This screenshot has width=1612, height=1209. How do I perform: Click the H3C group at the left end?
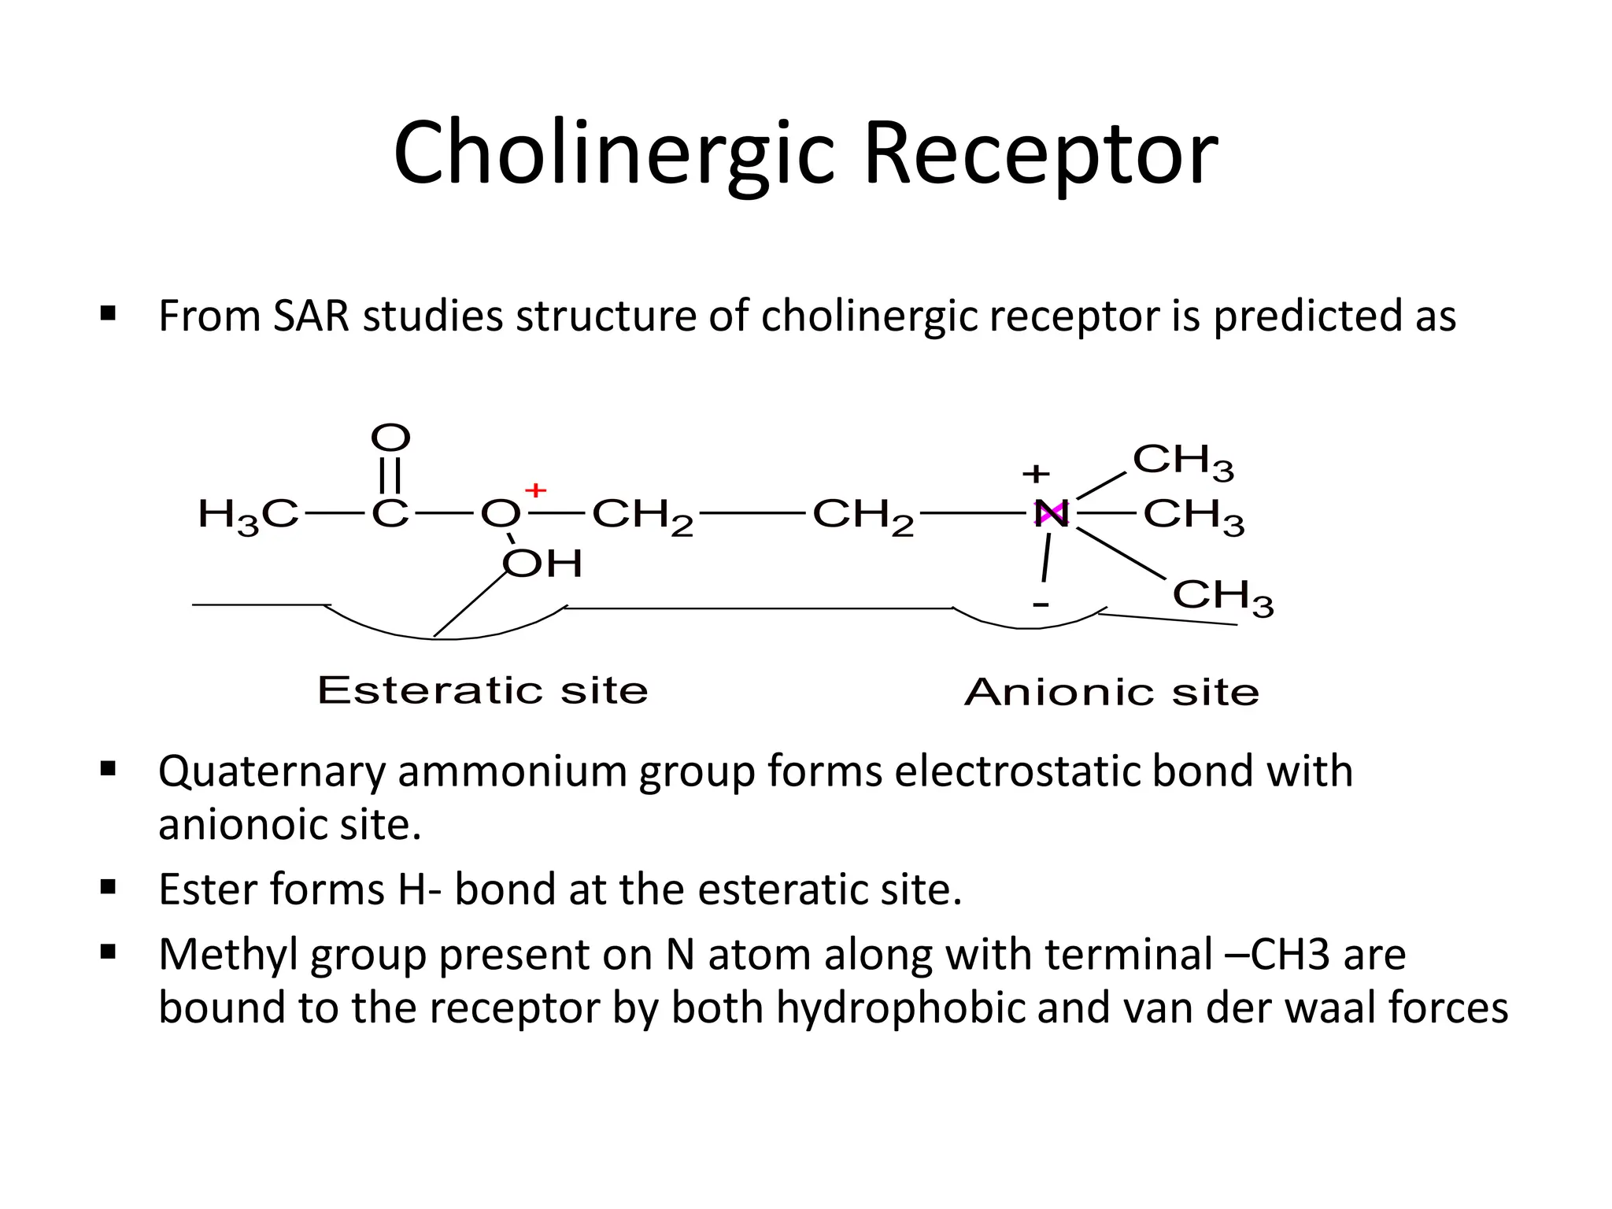point(248,516)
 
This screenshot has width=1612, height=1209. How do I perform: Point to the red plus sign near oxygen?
point(535,490)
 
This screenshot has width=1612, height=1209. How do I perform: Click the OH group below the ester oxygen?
point(543,564)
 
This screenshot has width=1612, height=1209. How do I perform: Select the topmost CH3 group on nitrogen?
point(1183,460)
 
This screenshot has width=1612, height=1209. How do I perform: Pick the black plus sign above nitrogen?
point(1036,474)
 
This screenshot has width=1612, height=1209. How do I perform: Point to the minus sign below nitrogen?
point(1041,604)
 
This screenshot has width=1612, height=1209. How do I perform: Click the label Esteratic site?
point(482,690)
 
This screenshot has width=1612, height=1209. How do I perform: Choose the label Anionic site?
point(1111,693)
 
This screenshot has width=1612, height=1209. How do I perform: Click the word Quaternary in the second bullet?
point(272,772)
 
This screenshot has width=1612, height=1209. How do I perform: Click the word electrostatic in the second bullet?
point(1018,771)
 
